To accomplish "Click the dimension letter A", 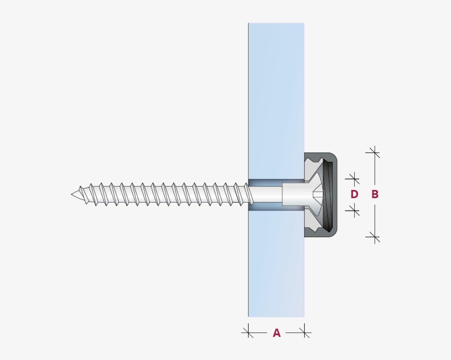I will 277,333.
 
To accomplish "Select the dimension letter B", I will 375,194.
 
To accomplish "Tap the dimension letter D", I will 354,194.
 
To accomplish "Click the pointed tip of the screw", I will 73,194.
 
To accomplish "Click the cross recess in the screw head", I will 318,194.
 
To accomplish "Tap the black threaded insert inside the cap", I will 329,194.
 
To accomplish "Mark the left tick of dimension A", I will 248,331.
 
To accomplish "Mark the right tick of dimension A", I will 304,331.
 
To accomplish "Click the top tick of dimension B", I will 374,152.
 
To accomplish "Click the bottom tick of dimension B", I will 374,237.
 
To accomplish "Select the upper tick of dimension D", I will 354,178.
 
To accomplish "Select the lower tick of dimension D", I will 354,210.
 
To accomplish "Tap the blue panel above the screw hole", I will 276,99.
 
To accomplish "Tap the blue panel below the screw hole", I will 276,264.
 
